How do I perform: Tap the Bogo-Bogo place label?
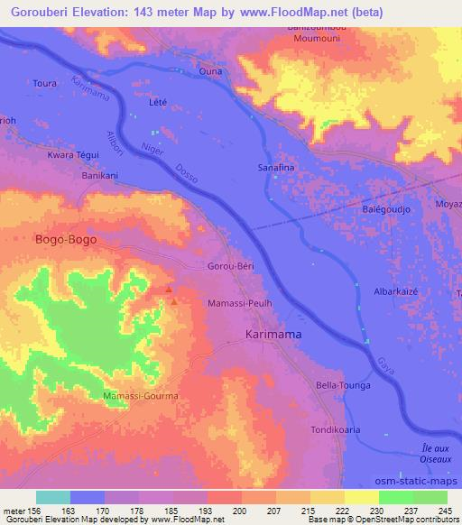[65, 240]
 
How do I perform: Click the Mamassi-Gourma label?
[140, 396]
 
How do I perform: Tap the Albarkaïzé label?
[399, 293]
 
